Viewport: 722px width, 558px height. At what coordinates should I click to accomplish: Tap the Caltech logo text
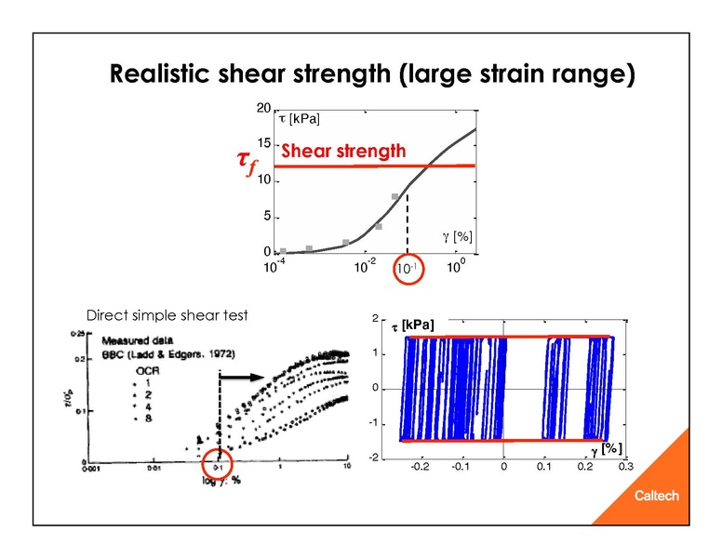(656, 496)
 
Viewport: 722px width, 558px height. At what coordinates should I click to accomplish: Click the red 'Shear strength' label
(343, 151)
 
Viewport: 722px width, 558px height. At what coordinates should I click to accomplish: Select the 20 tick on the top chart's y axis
(264, 109)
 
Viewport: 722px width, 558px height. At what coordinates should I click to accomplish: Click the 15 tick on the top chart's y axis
(264, 144)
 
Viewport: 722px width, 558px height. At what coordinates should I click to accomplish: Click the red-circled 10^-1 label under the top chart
(407, 269)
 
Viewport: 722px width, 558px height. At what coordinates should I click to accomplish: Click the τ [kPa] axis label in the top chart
(299, 118)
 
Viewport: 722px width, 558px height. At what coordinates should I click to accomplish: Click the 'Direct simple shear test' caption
(167, 314)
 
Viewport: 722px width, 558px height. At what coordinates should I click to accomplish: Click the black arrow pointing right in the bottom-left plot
(243, 378)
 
